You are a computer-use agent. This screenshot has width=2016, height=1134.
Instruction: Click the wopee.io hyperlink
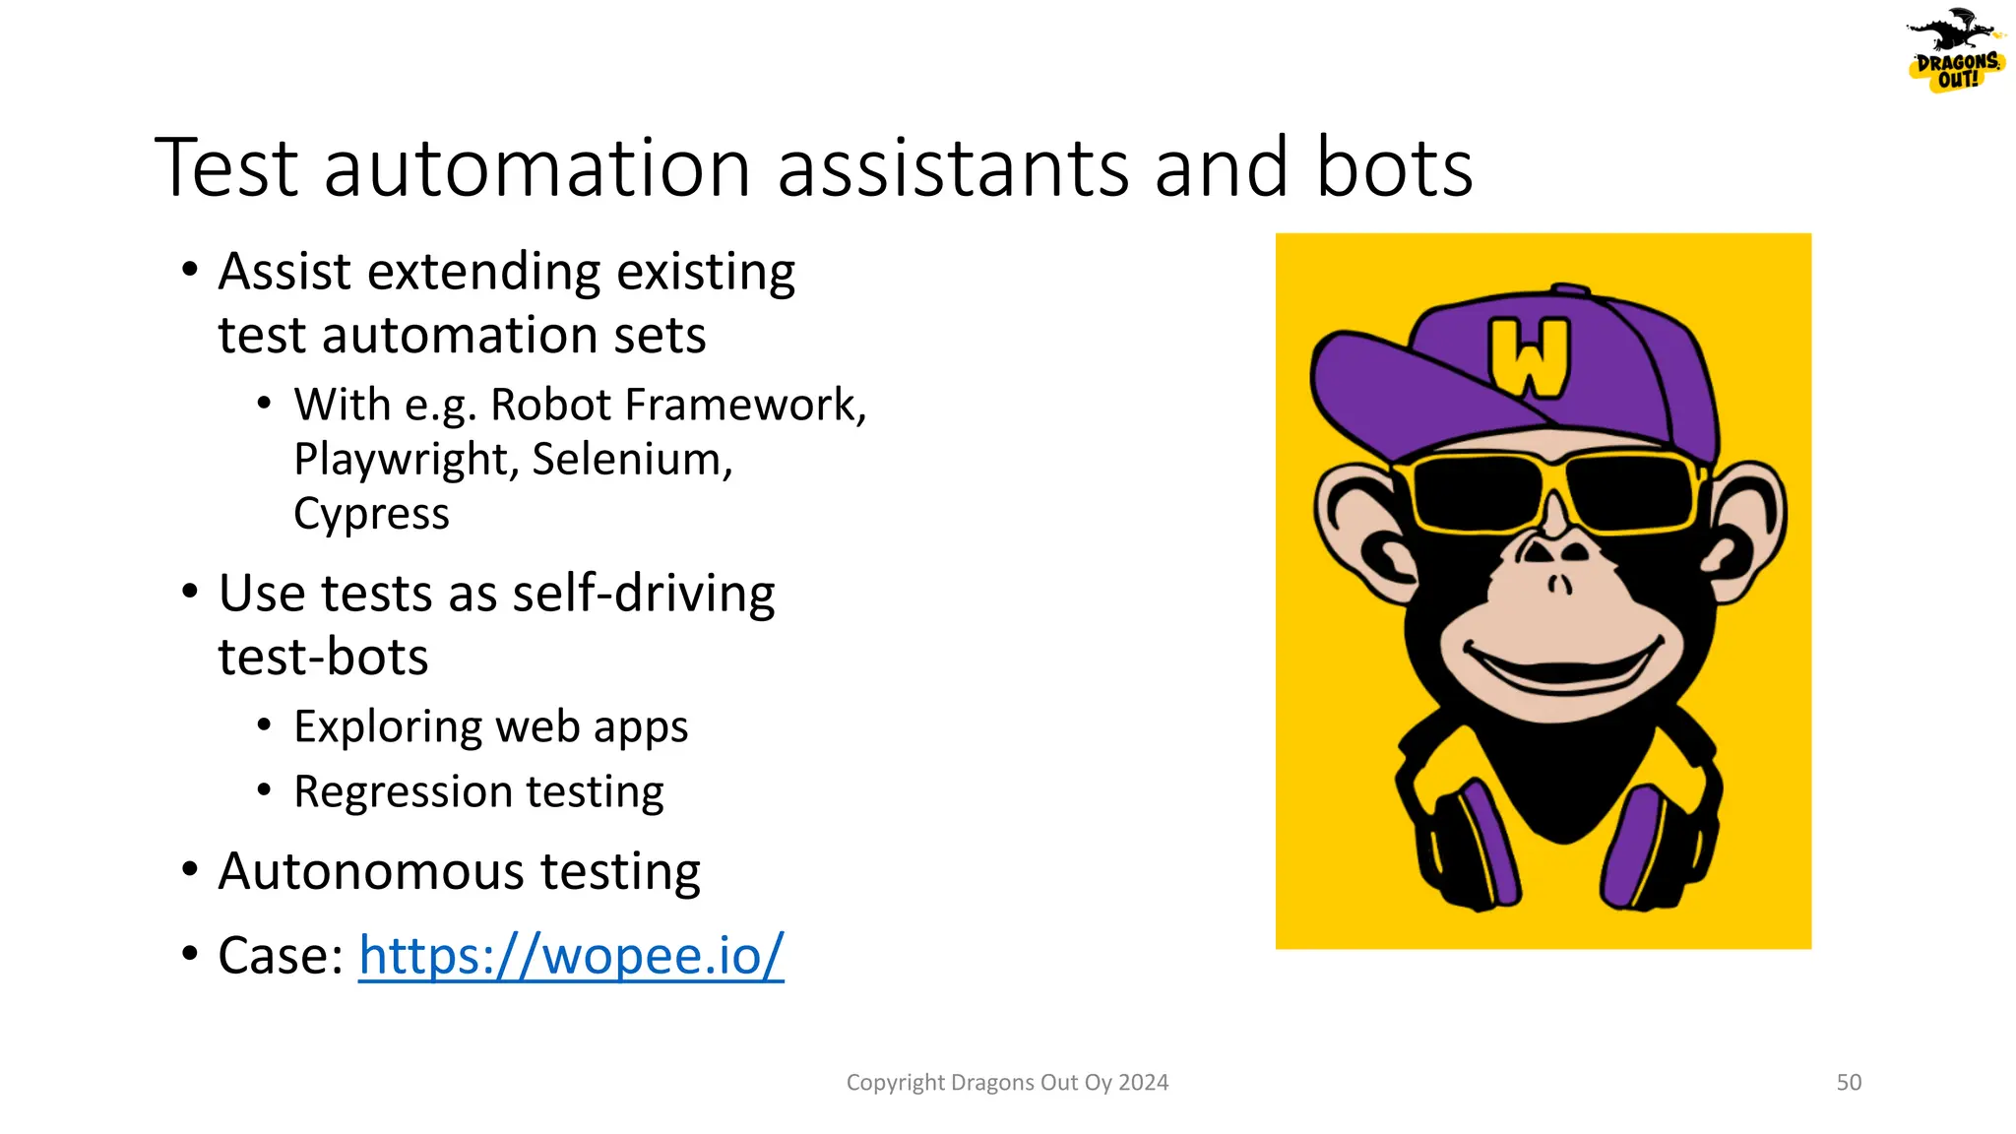point(571,956)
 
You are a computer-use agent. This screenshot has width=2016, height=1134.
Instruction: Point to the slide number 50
point(1849,1083)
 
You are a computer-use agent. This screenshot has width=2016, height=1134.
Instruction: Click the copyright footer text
point(1007,1083)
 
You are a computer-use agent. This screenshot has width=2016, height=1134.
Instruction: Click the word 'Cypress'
point(371,515)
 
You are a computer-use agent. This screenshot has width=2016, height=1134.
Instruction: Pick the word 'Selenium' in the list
point(631,460)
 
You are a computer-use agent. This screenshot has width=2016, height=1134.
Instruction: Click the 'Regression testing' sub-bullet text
point(478,792)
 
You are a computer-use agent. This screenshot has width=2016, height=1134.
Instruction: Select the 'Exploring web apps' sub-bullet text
point(490,727)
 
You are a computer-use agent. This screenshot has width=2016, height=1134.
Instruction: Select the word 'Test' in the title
point(227,168)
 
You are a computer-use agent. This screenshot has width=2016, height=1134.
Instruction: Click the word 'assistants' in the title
point(953,168)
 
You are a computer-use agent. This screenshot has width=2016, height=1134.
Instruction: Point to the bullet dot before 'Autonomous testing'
point(190,871)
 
